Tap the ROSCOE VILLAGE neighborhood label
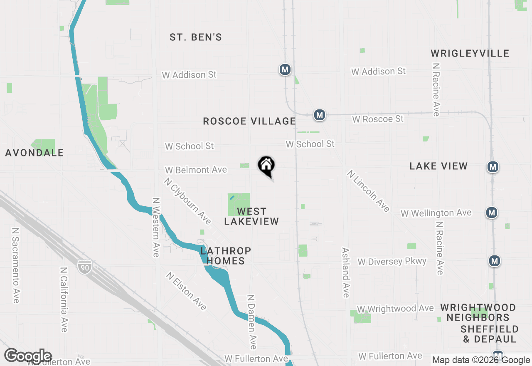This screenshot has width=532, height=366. pos(249,121)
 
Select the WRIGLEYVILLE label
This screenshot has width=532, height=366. pos(470,53)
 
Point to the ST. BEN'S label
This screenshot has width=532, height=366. pos(196,37)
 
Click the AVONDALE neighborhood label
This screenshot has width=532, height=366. pos(34,153)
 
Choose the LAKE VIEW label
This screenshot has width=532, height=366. pos(438,166)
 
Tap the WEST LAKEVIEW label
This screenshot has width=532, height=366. pos(251,216)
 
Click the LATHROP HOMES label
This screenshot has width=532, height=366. pos(226,256)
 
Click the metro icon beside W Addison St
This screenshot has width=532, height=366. pos(285,69)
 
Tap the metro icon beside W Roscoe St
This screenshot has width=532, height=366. pos(319,114)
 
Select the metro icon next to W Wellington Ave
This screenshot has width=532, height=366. pos(492,213)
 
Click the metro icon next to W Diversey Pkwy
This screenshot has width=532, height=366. pos(494,261)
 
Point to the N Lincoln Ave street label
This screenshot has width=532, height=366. pos(369,191)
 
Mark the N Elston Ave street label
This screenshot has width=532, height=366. pos(186,291)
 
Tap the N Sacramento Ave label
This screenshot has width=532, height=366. pos(16,265)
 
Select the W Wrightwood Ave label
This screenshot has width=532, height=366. pos(395,309)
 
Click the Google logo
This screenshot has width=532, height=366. pos(28,356)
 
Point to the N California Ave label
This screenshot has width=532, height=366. pos(64,299)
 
